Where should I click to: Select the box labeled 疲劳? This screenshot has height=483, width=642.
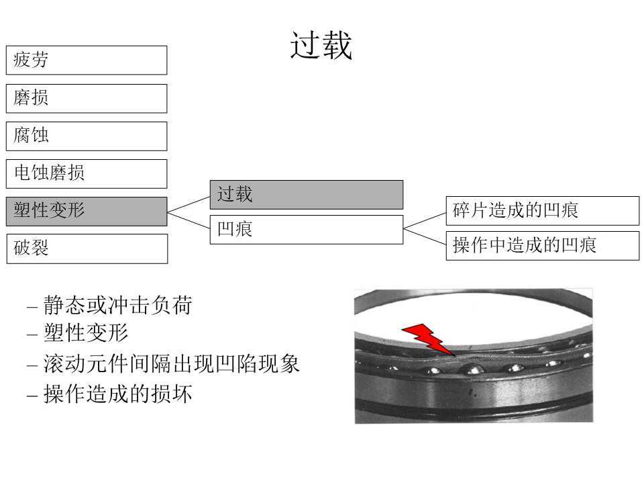pyautogui.click(x=86, y=60)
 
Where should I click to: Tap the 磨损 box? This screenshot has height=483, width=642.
pyautogui.click(x=86, y=98)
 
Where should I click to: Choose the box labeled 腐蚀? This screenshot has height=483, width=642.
pyautogui.click(x=86, y=136)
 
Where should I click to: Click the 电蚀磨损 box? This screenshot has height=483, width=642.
pyautogui.click(x=86, y=173)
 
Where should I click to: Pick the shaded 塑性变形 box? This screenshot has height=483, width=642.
pyautogui.click(x=86, y=211)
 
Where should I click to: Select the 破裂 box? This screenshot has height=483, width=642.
pyautogui.click(x=86, y=249)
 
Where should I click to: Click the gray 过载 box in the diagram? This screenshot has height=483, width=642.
pyautogui.click(x=306, y=194)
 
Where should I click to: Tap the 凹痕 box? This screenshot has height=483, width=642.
pyautogui.click(x=306, y=230)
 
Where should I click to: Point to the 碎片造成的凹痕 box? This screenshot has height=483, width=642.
pyautogui.click(x=542, y=210)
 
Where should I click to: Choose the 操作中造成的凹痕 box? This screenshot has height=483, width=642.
pyautogui.click(x=542, y=245)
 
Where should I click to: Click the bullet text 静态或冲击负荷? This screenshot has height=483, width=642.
pyautogui.click(x=117, y=306)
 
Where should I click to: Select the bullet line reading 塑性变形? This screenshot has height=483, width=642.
pyautogui.click(x=85, y=333)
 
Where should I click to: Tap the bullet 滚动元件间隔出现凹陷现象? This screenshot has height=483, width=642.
pyautogui.click(x=171, y=364)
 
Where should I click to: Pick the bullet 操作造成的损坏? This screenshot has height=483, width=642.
pyautogui.click(x=117, y=394)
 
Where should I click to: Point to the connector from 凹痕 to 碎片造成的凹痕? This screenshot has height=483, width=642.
pyautogui.click(x=425, y=220)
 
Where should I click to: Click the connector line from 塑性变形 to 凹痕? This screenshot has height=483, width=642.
pyautogui.click(x=189, y=220)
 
